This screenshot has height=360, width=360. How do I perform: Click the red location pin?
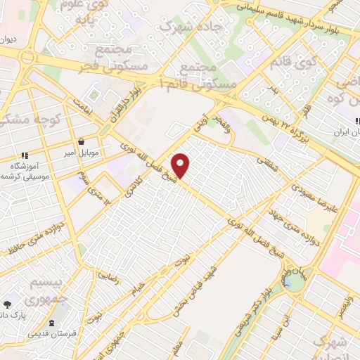pyautogui.click(x=181, y=165)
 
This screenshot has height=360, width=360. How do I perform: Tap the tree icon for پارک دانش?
pyautogui.click(x=8, y=304)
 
